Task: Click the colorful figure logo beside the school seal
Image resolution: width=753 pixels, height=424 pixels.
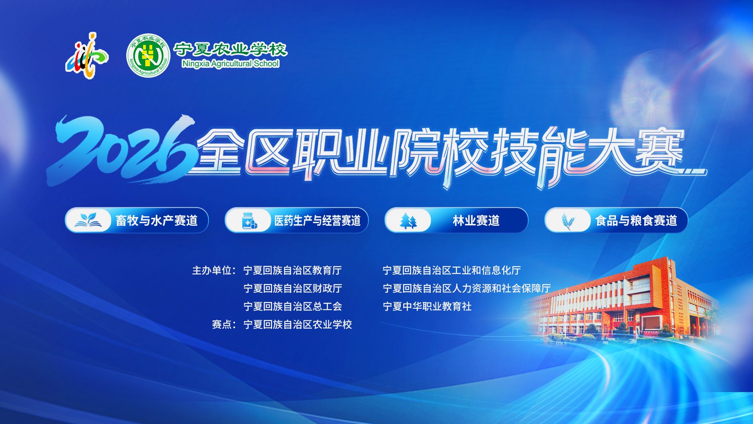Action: (87, 56)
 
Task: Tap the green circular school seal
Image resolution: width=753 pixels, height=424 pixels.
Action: (148, 55)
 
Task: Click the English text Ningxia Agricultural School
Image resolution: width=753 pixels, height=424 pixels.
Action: (230, 63)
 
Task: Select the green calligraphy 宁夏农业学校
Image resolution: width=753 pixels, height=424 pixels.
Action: (230, 49)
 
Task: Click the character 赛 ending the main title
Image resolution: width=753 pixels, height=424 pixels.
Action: (659, 150)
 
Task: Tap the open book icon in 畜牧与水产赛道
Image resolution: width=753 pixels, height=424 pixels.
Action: (88, 220)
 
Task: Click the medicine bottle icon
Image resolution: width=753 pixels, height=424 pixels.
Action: (249, 221)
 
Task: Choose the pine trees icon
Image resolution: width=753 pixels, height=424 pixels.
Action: (408, 221)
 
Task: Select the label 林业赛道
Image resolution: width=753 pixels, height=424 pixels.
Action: (476, 221)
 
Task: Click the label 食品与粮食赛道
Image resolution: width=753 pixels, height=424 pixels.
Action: (636, 221)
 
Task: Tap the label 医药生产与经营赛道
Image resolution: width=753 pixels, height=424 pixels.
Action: (318, 221)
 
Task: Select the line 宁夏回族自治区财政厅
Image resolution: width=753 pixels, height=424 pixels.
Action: (293, 288)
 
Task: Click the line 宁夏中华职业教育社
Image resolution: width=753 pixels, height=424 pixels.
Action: (427, 306)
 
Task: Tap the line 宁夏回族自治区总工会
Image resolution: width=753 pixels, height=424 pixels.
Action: (293, 306)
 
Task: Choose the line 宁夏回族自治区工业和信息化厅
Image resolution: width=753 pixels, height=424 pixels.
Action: (452, 270)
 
